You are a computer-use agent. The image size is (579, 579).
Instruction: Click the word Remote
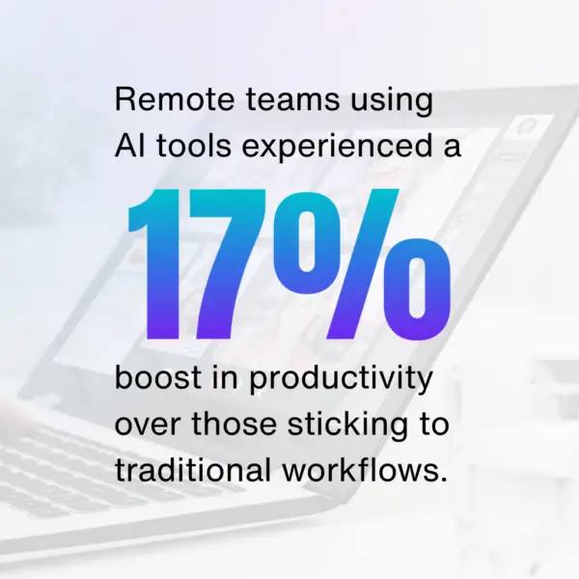click(x=175, y=99)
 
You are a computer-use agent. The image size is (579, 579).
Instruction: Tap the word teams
click(x=292, y=99)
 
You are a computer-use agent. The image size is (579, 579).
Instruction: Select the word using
click(x=392, y=102)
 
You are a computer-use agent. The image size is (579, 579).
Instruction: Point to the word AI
click(x=129, y=146)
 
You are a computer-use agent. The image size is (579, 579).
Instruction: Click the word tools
click(x=194, y=146)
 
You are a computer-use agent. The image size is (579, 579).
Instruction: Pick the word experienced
click(x=337, y=148)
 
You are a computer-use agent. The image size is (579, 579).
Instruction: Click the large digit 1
click(x=154, y=263)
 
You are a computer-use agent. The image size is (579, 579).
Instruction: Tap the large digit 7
click(x=227, y=263)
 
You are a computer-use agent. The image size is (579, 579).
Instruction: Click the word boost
click(x=158, y=377)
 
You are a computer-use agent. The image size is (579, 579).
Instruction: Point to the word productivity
click(x=341, y=380)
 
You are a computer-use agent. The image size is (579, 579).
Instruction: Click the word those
click(x=234, y=424)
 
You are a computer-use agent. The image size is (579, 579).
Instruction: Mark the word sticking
click(x=348, y=427)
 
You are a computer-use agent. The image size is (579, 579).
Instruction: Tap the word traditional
click(x=193, y=470)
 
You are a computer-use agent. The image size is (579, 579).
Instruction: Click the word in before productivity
click(x=225, y=377)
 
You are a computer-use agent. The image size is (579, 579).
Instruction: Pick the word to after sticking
click(x=434, y=425)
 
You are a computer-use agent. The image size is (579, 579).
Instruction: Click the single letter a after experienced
click(x=453, y=148)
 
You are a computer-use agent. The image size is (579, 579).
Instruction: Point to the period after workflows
click(x=443, y=479)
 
